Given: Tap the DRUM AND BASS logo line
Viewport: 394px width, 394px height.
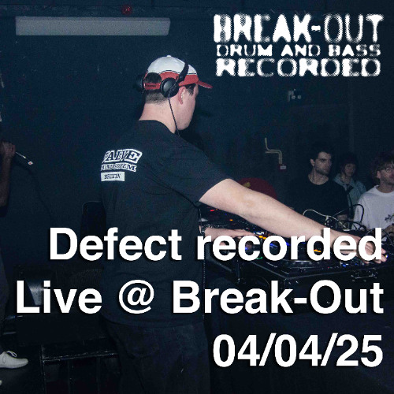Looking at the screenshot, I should point(298,50).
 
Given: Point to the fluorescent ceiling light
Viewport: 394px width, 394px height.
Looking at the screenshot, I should point(92,26).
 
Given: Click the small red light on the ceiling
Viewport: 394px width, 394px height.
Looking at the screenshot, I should point(126,10).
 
